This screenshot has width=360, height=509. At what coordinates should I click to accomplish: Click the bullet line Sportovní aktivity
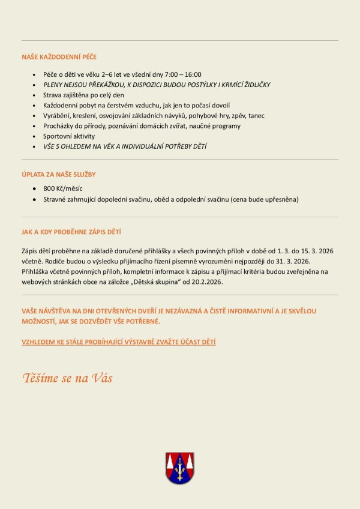click(69, 136)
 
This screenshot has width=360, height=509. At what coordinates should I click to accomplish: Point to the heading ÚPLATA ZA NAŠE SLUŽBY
click(59, 175)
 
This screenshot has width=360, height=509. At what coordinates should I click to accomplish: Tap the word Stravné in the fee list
click(55, 199)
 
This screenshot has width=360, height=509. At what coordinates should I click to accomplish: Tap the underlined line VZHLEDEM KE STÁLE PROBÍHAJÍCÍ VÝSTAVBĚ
click(118, 342)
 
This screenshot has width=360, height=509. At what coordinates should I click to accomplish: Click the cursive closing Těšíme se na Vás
click(68, 378)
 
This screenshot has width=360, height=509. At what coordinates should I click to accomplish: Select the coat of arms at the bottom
click(179, 468)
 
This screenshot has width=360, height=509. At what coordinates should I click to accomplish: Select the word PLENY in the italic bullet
click(53, 85)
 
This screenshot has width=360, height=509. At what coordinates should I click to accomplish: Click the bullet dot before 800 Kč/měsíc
click(35, 188)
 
